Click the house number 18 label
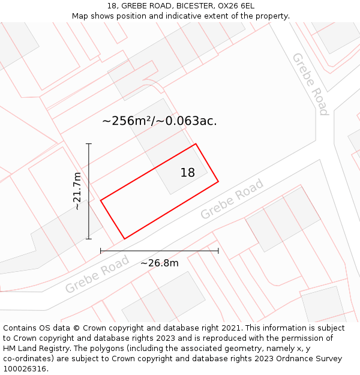pos(187,173)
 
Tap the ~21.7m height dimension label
pos(77,191)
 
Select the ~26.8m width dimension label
pos(160,263)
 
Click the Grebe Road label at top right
pos(310,84)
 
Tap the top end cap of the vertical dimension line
pos(89,144)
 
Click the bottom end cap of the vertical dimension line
pos(89,239)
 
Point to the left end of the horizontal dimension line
pos(101,251)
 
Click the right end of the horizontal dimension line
pos(218,251)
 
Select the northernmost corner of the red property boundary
pos(196,144)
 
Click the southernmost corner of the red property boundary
pos(124,239)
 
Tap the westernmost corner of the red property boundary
pos(101,200)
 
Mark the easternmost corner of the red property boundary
pos(218,181)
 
